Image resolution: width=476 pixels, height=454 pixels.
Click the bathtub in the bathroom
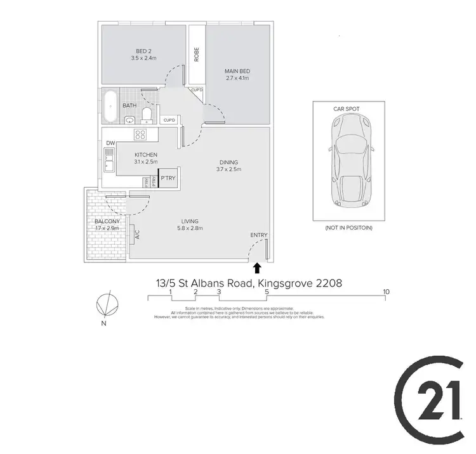click(110, 107)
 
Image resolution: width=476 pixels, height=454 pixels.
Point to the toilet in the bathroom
click(147, 114)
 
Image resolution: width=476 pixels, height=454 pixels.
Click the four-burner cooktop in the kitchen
click(140, 134)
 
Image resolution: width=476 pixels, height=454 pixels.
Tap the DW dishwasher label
click(110, 143)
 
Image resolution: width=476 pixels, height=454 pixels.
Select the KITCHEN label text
click(145, 155)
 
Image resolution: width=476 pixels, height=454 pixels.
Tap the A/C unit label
click(136, 235)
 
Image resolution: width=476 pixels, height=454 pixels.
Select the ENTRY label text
click(259, 235)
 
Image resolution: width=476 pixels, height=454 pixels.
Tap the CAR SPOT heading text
click(347, 109)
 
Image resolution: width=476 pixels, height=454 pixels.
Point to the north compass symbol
click(106, 305)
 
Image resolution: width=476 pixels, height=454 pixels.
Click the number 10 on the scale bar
click(387, 292)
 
